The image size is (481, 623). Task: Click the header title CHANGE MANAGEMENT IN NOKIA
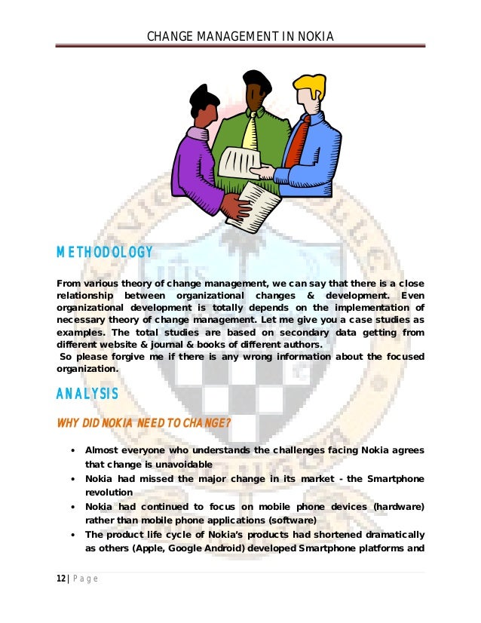pyautogui.click(x=240, y=36)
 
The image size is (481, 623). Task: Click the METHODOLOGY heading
pyautogui.click(x=105, y=253)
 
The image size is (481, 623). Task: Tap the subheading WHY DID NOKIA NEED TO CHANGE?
pyautogui.click(x=143, y=422)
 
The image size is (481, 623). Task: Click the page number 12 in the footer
pyautogui.click(x=61, y=579)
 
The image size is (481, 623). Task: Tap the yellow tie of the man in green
pyautogui.click(x=250, y=132)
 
